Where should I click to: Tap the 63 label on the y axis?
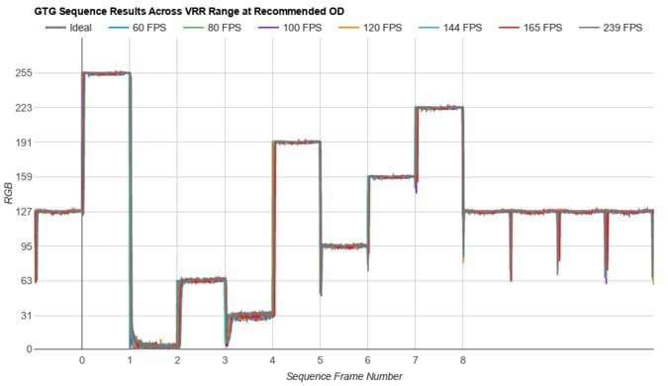tap(21, 281)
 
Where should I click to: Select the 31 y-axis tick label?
tap(21, 316)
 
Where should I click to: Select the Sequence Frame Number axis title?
tap(343, 377)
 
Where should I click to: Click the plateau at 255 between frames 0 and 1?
tap(106, 73)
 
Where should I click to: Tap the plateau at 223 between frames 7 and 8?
tap(439, 108)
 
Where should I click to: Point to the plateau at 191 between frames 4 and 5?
tap(296, 143)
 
